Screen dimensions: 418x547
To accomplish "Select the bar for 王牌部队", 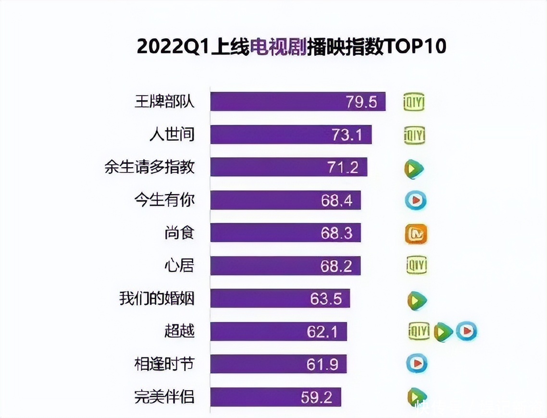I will coord(298,101).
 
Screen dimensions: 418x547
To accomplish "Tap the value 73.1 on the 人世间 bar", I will coord(347,135).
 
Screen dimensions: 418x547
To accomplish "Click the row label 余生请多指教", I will coord(150,167).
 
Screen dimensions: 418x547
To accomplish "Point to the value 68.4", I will coord(336,200).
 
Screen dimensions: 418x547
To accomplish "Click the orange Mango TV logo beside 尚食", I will coord(416,234).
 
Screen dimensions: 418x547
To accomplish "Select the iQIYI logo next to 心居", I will coord(416,265).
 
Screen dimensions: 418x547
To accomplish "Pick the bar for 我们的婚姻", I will coord(280,298).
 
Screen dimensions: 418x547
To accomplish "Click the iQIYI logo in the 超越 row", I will coord(418,331).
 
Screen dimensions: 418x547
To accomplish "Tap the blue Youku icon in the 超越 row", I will coord(466,331).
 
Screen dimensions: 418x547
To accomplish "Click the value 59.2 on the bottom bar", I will coord(323,397).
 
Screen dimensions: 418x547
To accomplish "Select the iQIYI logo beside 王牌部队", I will coord(414,102).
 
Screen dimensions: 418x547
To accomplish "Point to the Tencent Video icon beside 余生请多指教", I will coord(414,168).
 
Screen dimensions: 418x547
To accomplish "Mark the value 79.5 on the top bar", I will coord(361,102).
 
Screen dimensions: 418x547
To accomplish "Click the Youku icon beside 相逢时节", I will coord(416,364).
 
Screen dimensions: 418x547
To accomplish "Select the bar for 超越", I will coord(278,331).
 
